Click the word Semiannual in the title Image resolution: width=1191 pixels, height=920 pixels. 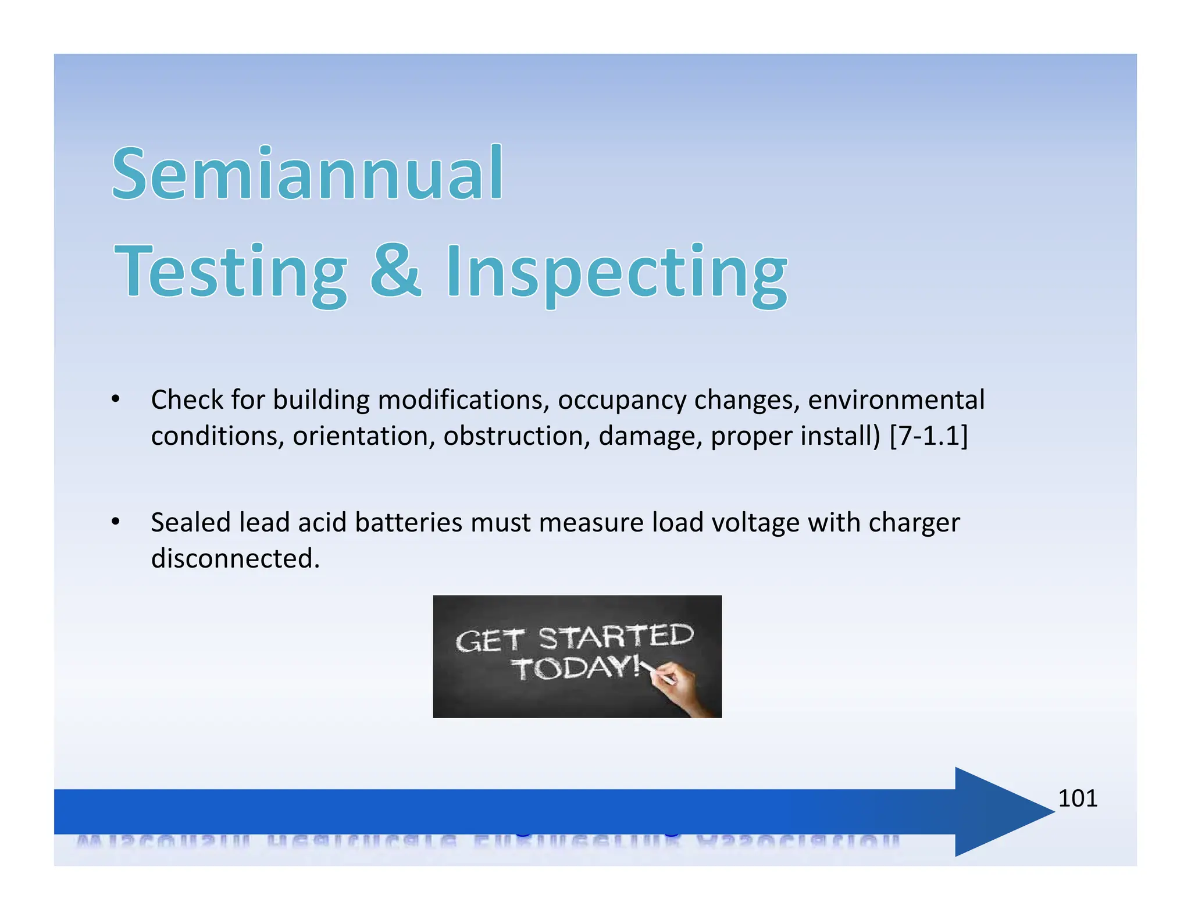point(307,174)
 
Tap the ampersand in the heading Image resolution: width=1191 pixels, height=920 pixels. point(395,270)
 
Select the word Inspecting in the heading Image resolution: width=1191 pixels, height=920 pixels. point(616,273)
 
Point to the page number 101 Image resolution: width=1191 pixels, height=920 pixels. point(1077,798)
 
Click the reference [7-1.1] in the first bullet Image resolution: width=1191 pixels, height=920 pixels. point(929,436)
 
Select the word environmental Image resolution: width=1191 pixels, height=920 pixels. point(896,400)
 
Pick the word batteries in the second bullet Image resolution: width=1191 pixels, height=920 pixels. point(408,522)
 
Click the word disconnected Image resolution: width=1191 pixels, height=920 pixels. point(236,558)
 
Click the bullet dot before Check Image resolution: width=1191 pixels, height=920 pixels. point(116,400)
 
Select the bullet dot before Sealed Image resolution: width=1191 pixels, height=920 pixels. point(116,522)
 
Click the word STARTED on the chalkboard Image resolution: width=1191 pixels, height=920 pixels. point(616,637)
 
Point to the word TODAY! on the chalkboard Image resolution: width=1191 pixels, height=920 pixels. point(576,668)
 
